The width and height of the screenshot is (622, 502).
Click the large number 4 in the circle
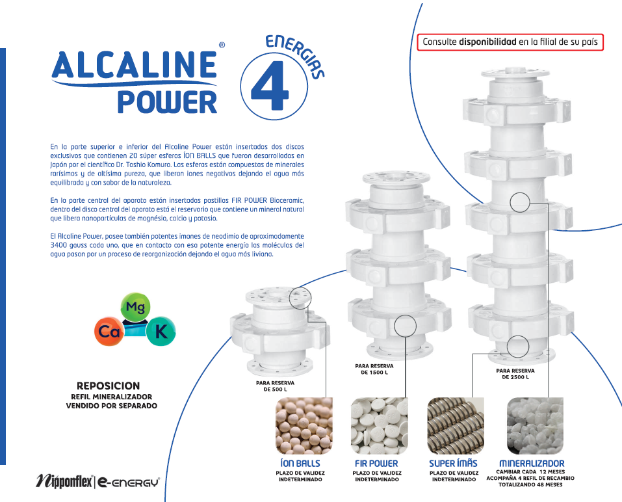pos(270,85)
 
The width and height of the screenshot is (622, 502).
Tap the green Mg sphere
pos(135,307)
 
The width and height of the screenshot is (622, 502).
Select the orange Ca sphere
pos(109,331)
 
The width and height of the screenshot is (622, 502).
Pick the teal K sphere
pos(161,331)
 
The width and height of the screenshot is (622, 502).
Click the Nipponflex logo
pos(64,481)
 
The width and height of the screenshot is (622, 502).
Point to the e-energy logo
pos(129,482)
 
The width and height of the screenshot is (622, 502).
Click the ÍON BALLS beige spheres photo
pos(304,426)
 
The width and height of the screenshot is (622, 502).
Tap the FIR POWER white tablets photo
pos(379,426)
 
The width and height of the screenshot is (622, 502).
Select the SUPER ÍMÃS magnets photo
pos(456,426)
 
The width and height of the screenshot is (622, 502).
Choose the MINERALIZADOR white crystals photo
pos(535,426)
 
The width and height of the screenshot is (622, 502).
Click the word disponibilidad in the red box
pos(487,42)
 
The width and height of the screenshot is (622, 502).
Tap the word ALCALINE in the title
pos(134,64)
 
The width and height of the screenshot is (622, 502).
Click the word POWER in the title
pos(167,101)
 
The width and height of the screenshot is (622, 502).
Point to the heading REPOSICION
pos(108,386)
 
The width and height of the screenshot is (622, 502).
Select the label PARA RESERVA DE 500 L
pos(275,386)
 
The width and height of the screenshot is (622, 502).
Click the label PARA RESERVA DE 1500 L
pos(374,369)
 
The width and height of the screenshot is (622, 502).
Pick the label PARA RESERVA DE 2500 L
pos(515,374)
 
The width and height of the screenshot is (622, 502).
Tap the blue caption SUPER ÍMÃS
pos(453,463)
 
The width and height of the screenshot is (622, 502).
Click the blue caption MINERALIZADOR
pos(532,463)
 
